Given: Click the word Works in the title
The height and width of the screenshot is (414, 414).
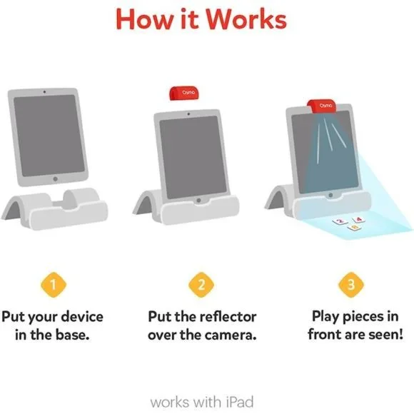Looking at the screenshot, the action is pyautogui.click(x=246, y=19).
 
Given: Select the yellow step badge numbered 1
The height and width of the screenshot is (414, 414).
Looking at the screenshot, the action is pyautogui.click(x=54, y=285).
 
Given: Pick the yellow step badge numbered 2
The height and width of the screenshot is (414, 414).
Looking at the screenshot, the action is pyautogui.click(x=201, y=285).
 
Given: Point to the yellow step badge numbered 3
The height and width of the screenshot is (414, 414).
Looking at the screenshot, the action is pyautogui.click(x=351, y=285).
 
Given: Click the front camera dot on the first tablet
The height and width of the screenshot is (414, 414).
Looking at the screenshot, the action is pyautogui.click(x=44, y=92).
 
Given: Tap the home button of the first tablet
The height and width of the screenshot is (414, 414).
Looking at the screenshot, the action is pyautogui.click(x=55, y=178).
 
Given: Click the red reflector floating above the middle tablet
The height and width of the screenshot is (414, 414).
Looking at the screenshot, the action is pyautogui.click(x=183, y=94).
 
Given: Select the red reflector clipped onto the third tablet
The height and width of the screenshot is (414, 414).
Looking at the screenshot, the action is pyautogui.click(x=322, y=106).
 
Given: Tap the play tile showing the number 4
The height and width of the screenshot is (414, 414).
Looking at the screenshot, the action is pyautogui.click(x=358, y=219).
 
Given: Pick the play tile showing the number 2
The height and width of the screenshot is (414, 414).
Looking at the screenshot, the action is pyautogui.click(x=340, y=221).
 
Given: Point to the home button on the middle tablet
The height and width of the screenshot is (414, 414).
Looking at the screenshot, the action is pyautogui.click(x=199, y=201).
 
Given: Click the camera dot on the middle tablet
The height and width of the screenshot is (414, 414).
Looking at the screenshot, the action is pyautogui.click(x=188, y=114).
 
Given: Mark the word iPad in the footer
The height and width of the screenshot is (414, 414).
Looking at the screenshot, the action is pyautogui.click(x=240, y=402).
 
